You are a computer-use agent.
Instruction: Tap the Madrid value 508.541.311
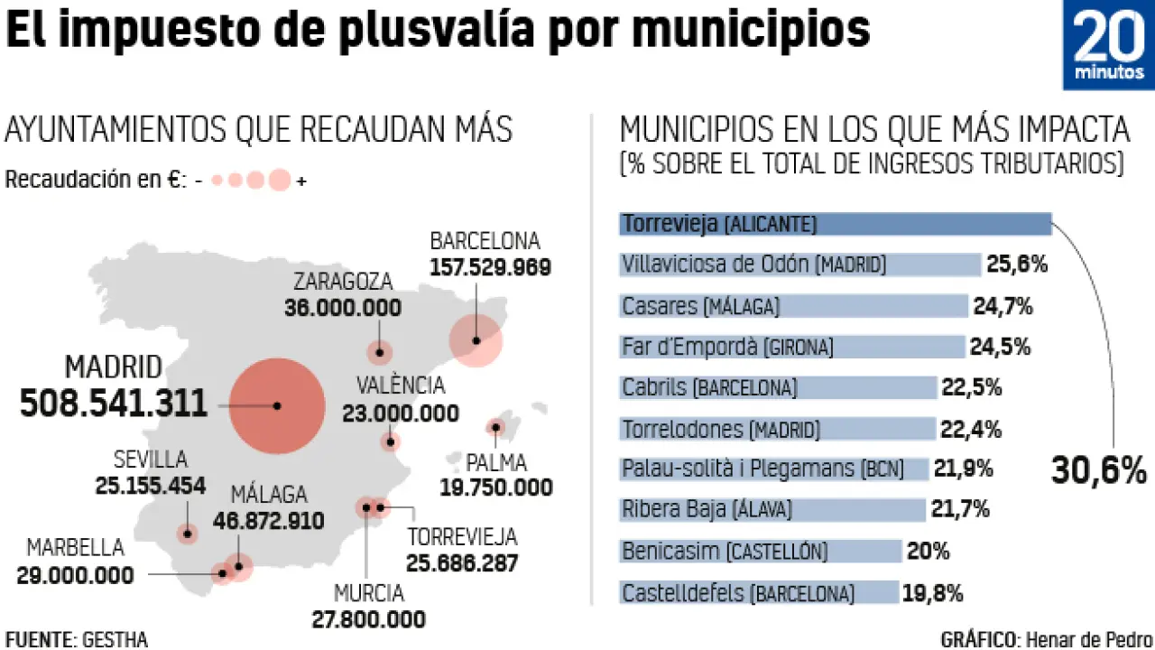coord(114,403)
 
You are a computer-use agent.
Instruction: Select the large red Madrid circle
coord(277,406)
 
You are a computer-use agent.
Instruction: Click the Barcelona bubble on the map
coord(476,340)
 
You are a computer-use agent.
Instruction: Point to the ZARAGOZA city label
coord(342,281)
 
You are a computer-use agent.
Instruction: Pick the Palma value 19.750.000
coord(495,487)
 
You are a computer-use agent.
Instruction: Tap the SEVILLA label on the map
coord(150,460)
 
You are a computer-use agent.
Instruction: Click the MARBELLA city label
coord(75,548)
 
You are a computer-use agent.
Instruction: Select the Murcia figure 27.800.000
coord(368,619)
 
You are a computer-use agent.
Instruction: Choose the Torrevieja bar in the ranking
coord(835,223)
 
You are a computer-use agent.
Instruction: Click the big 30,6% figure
coord(1098,469)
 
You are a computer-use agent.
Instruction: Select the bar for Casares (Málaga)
coord(794,306)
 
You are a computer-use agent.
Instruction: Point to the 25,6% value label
coord(1017,265)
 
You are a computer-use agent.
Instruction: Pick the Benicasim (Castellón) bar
coord(761,551)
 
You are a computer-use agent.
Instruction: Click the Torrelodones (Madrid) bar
coord(778,429)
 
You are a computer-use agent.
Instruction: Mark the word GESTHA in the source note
coord(115,639)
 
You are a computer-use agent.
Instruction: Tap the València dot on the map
coord(390,442)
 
